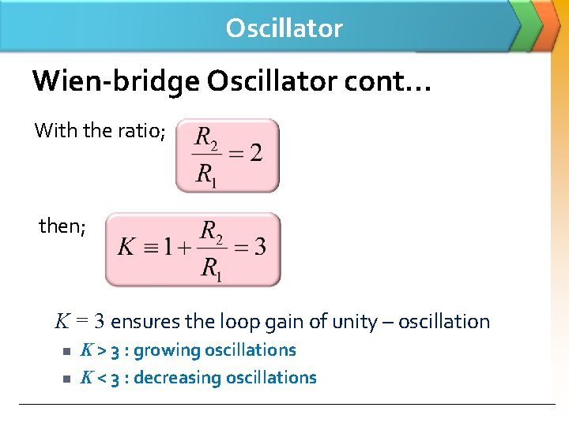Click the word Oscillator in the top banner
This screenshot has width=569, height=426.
(284, 28)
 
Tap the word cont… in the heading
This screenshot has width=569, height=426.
(398, 80)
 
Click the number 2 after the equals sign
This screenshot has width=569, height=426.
(256, 152)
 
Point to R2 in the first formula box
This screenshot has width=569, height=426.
(205, 140)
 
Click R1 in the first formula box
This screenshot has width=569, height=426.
(205, 174)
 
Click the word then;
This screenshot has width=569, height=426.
(62, 226)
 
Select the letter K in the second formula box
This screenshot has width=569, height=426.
(126, 248)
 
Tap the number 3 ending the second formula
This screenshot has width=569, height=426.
(260, 248)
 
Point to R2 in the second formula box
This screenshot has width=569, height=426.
(212, 232)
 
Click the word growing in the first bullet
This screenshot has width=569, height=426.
(167, 350)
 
